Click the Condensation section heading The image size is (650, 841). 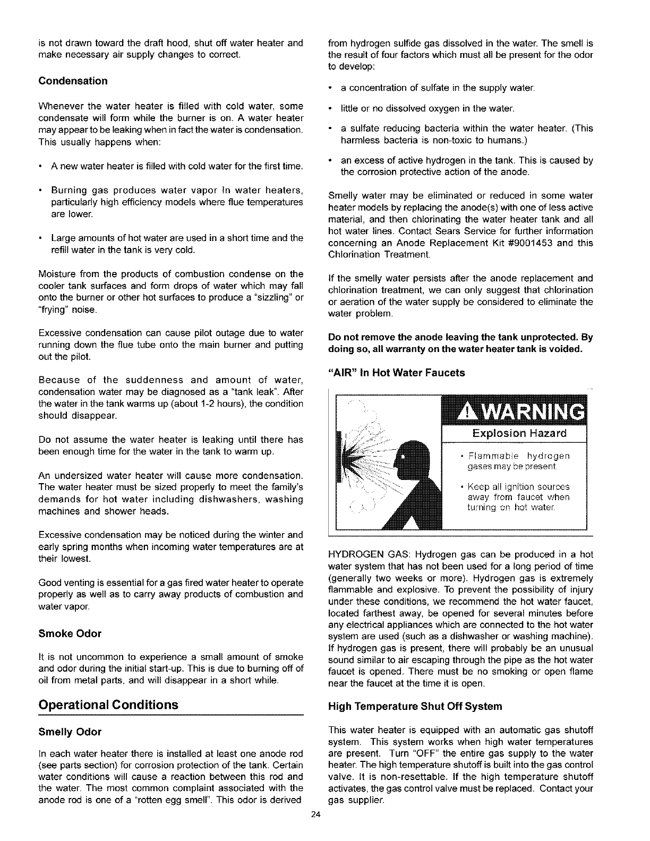click(73, 81)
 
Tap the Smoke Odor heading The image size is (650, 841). click(70, 633)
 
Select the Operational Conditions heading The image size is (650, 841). click(108, 705)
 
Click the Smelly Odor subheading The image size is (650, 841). click(70, 732)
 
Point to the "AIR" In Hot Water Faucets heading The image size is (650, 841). click(397, 373)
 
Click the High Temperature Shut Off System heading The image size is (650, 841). click(415, 707)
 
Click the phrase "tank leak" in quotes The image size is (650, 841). click(258, 392)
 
